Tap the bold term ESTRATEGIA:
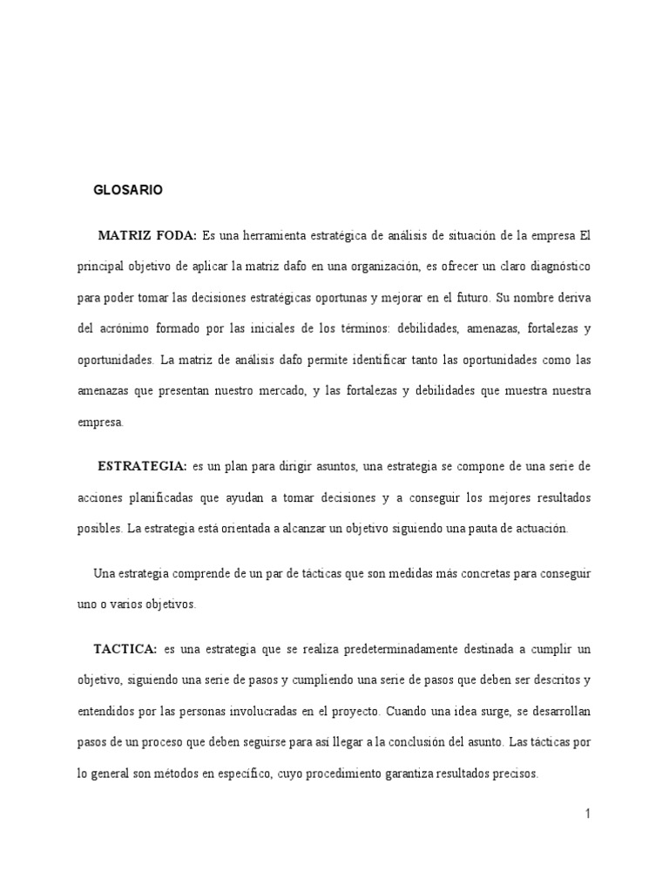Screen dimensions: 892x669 coord(142,466)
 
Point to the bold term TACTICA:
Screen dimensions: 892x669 coord(125,650)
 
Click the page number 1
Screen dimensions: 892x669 coord(588,814)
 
